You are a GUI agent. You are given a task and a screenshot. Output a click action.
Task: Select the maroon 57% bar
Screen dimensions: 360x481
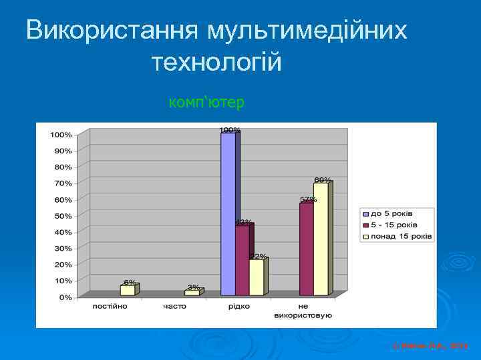point(306,249)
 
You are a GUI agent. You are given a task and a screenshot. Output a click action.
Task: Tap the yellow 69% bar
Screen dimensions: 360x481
point(321,238)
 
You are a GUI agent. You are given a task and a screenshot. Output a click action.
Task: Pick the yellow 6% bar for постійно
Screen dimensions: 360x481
point(127,290)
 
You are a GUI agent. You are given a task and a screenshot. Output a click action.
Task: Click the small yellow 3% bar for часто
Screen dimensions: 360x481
point(191,293)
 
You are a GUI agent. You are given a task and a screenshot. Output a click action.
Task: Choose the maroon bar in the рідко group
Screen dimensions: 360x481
point(242,260)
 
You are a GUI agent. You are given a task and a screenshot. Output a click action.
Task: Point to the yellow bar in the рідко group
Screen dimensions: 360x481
point(256,277)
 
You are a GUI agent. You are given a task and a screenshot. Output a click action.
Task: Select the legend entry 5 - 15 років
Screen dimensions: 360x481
point(394,225)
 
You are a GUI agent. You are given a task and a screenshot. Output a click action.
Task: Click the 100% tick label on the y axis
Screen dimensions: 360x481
point(60,135)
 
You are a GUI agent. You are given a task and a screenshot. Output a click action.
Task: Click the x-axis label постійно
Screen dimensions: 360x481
point(111,306)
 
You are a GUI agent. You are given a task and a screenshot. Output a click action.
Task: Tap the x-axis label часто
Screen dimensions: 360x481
point(174,306)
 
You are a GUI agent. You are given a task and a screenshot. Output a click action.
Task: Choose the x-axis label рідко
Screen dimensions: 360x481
point(238,306)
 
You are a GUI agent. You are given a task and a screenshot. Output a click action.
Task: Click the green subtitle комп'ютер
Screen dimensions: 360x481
point(207,103)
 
